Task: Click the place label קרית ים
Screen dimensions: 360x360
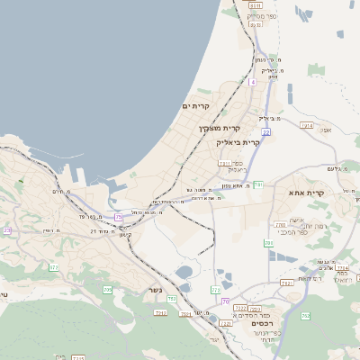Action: pyautogui.click(x=195, y=106)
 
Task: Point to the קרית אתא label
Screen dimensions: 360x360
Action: pyautogui.click(x=306, y=193)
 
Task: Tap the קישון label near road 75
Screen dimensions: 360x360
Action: pyautogui.click(x=125, y=235)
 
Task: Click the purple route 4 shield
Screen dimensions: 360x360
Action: pyautogui.click(x=254, y=82)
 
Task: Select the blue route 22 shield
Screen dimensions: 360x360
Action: pyautogui.click(x=266, y=132)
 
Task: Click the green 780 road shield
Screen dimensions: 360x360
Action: pyautogui.click(x=268, y=243)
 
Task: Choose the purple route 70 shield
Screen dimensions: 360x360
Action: pyautogui.click(x=225, y=301)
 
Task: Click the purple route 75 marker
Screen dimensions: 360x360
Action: pyautogui.click(x=119, y=217)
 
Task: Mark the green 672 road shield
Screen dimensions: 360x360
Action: pyautogui.click(x=53, y=267)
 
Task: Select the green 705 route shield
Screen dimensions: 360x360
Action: pyautogui.click(x=107, y=290)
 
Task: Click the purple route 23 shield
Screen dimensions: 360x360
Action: pyautogui.click(x=7, y=230)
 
